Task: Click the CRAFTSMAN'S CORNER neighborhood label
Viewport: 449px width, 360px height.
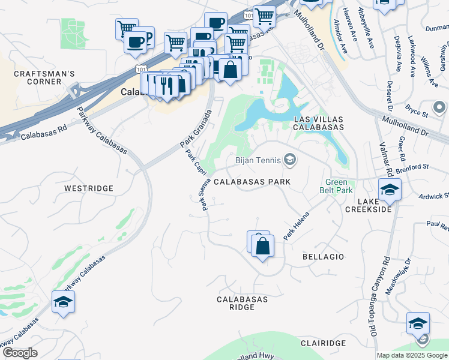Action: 45,78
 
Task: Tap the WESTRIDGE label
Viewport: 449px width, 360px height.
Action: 89,188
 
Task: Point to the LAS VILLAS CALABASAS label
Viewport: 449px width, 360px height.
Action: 318,123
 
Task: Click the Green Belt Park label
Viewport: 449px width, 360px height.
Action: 339,186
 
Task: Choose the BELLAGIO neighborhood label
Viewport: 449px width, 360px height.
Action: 323,257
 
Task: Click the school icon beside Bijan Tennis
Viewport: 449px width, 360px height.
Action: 290,159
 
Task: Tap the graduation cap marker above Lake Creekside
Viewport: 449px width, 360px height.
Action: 390,190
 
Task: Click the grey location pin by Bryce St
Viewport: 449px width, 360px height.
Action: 439,108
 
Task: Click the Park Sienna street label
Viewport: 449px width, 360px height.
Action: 205,195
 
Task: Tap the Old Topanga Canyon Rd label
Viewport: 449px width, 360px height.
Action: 377,297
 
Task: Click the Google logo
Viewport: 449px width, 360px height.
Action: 20,352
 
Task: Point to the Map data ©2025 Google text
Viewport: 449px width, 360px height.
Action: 412,355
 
